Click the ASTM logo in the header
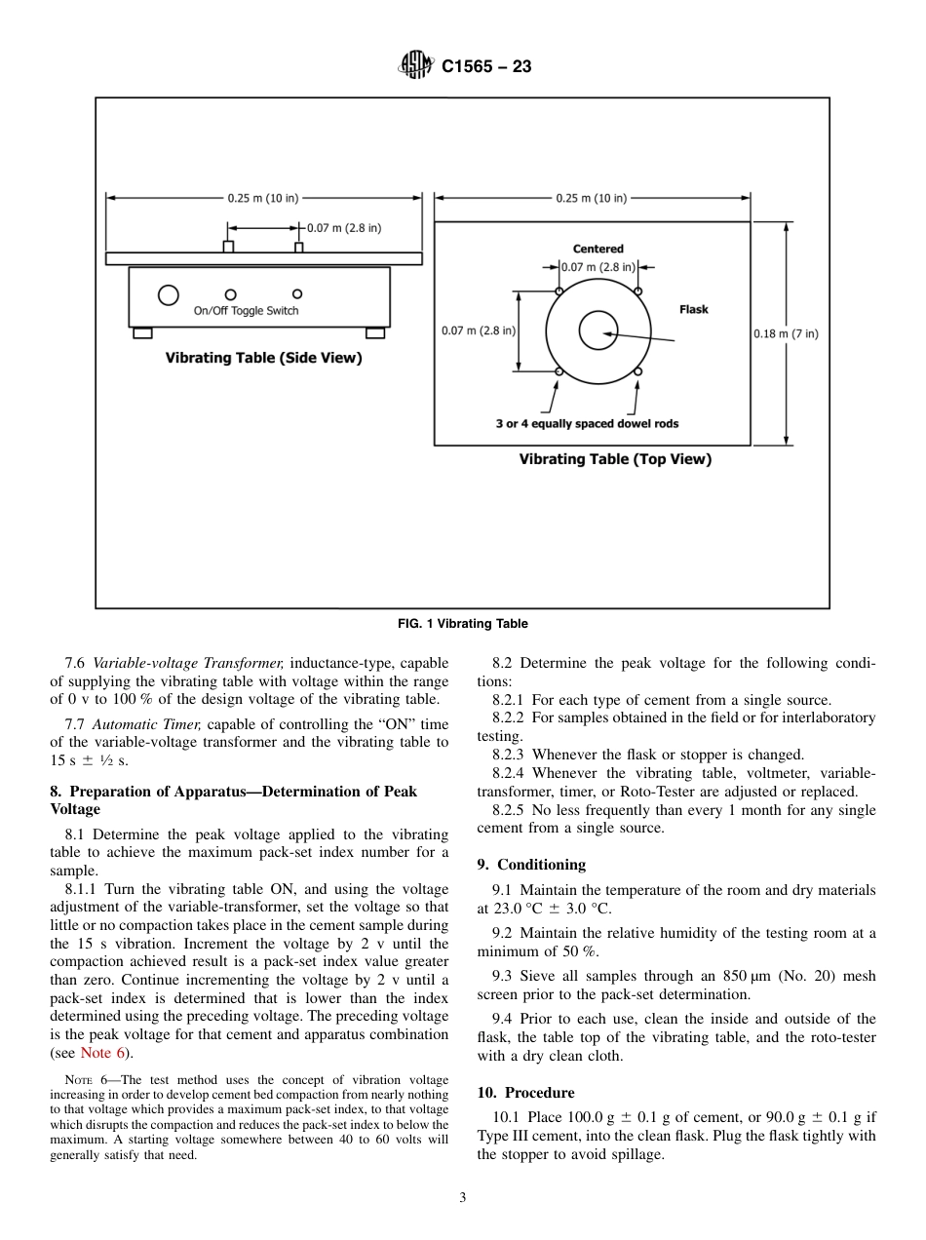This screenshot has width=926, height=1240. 416,66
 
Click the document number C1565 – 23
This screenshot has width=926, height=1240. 486,67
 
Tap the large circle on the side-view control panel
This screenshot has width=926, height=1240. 169,294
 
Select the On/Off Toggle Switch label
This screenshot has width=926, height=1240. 246,311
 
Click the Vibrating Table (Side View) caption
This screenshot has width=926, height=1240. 263,358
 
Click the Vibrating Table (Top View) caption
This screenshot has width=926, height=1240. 614,459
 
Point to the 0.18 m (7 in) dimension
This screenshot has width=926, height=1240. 786,333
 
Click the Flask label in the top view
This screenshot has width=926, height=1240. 693,309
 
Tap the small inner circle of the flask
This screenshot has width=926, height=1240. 598,331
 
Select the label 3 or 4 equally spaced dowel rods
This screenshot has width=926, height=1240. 587,424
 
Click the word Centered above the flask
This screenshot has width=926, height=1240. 598,250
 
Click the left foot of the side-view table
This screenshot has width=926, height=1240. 142,333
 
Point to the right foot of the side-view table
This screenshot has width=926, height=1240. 375,333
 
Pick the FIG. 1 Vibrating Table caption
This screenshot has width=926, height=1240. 463,624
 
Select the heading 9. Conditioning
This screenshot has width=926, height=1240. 531,865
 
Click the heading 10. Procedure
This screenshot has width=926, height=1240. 525,1093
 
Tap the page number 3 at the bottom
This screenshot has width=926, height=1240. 463,1198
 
